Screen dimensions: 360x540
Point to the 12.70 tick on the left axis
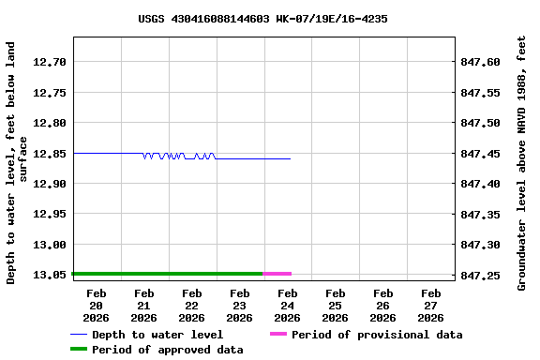(x=49, y=62)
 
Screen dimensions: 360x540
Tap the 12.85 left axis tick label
(x=49, y=154)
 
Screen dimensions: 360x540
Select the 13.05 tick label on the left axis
(x=49, y=275)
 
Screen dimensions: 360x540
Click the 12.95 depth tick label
(x=49, y=214)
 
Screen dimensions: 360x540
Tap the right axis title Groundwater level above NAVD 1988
(x=522, y=161)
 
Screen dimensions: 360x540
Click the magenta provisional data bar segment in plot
(x=277, y=274)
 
